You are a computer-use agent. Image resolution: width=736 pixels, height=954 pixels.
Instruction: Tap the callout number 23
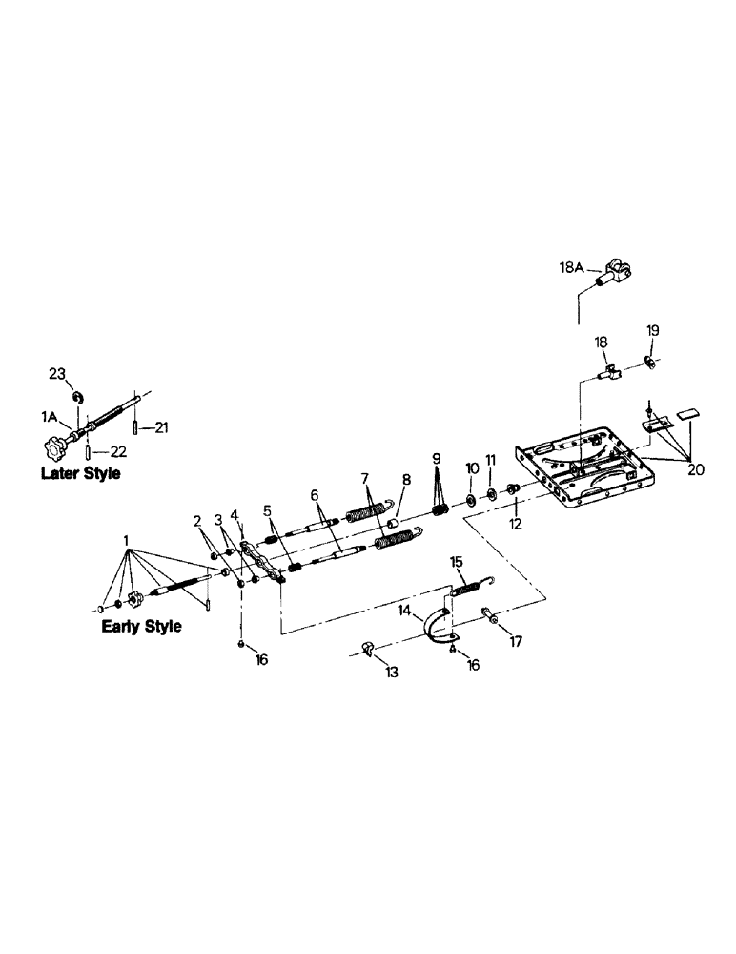pyautogui.click(x=56, y=373)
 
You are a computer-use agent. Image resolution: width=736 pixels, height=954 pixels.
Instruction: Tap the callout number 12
pyautogui.click(x=516, y=524)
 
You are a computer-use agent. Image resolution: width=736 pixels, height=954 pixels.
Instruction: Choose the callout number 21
pyautogui.click(x=161, y=428)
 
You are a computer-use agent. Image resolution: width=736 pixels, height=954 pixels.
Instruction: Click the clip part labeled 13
pyautogui.click(x=366, y=651)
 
